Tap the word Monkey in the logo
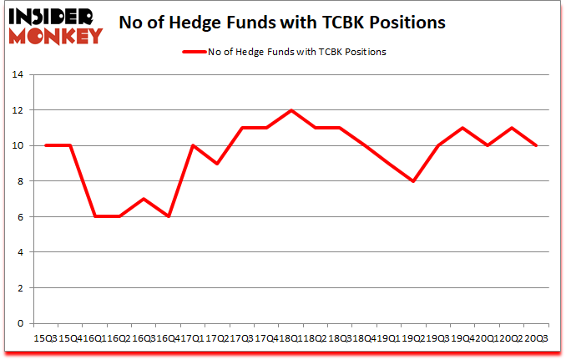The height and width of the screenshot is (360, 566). tap(56, 36)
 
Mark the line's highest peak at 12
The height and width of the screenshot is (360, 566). tap(291, 110)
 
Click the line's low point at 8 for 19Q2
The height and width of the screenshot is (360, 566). tap(412, 181)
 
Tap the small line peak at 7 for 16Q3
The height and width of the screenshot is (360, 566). tap(144, 199)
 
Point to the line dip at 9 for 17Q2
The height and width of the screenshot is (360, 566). tap(217, 164)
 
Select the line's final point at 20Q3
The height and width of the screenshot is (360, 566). tap(535, 145)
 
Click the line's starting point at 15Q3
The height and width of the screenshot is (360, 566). tap(46, 145)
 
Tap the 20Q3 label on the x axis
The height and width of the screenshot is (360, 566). tap(535, 337)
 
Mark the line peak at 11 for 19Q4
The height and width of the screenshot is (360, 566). tap(462, 128)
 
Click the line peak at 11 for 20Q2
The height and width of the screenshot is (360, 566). tap(511, 128)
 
